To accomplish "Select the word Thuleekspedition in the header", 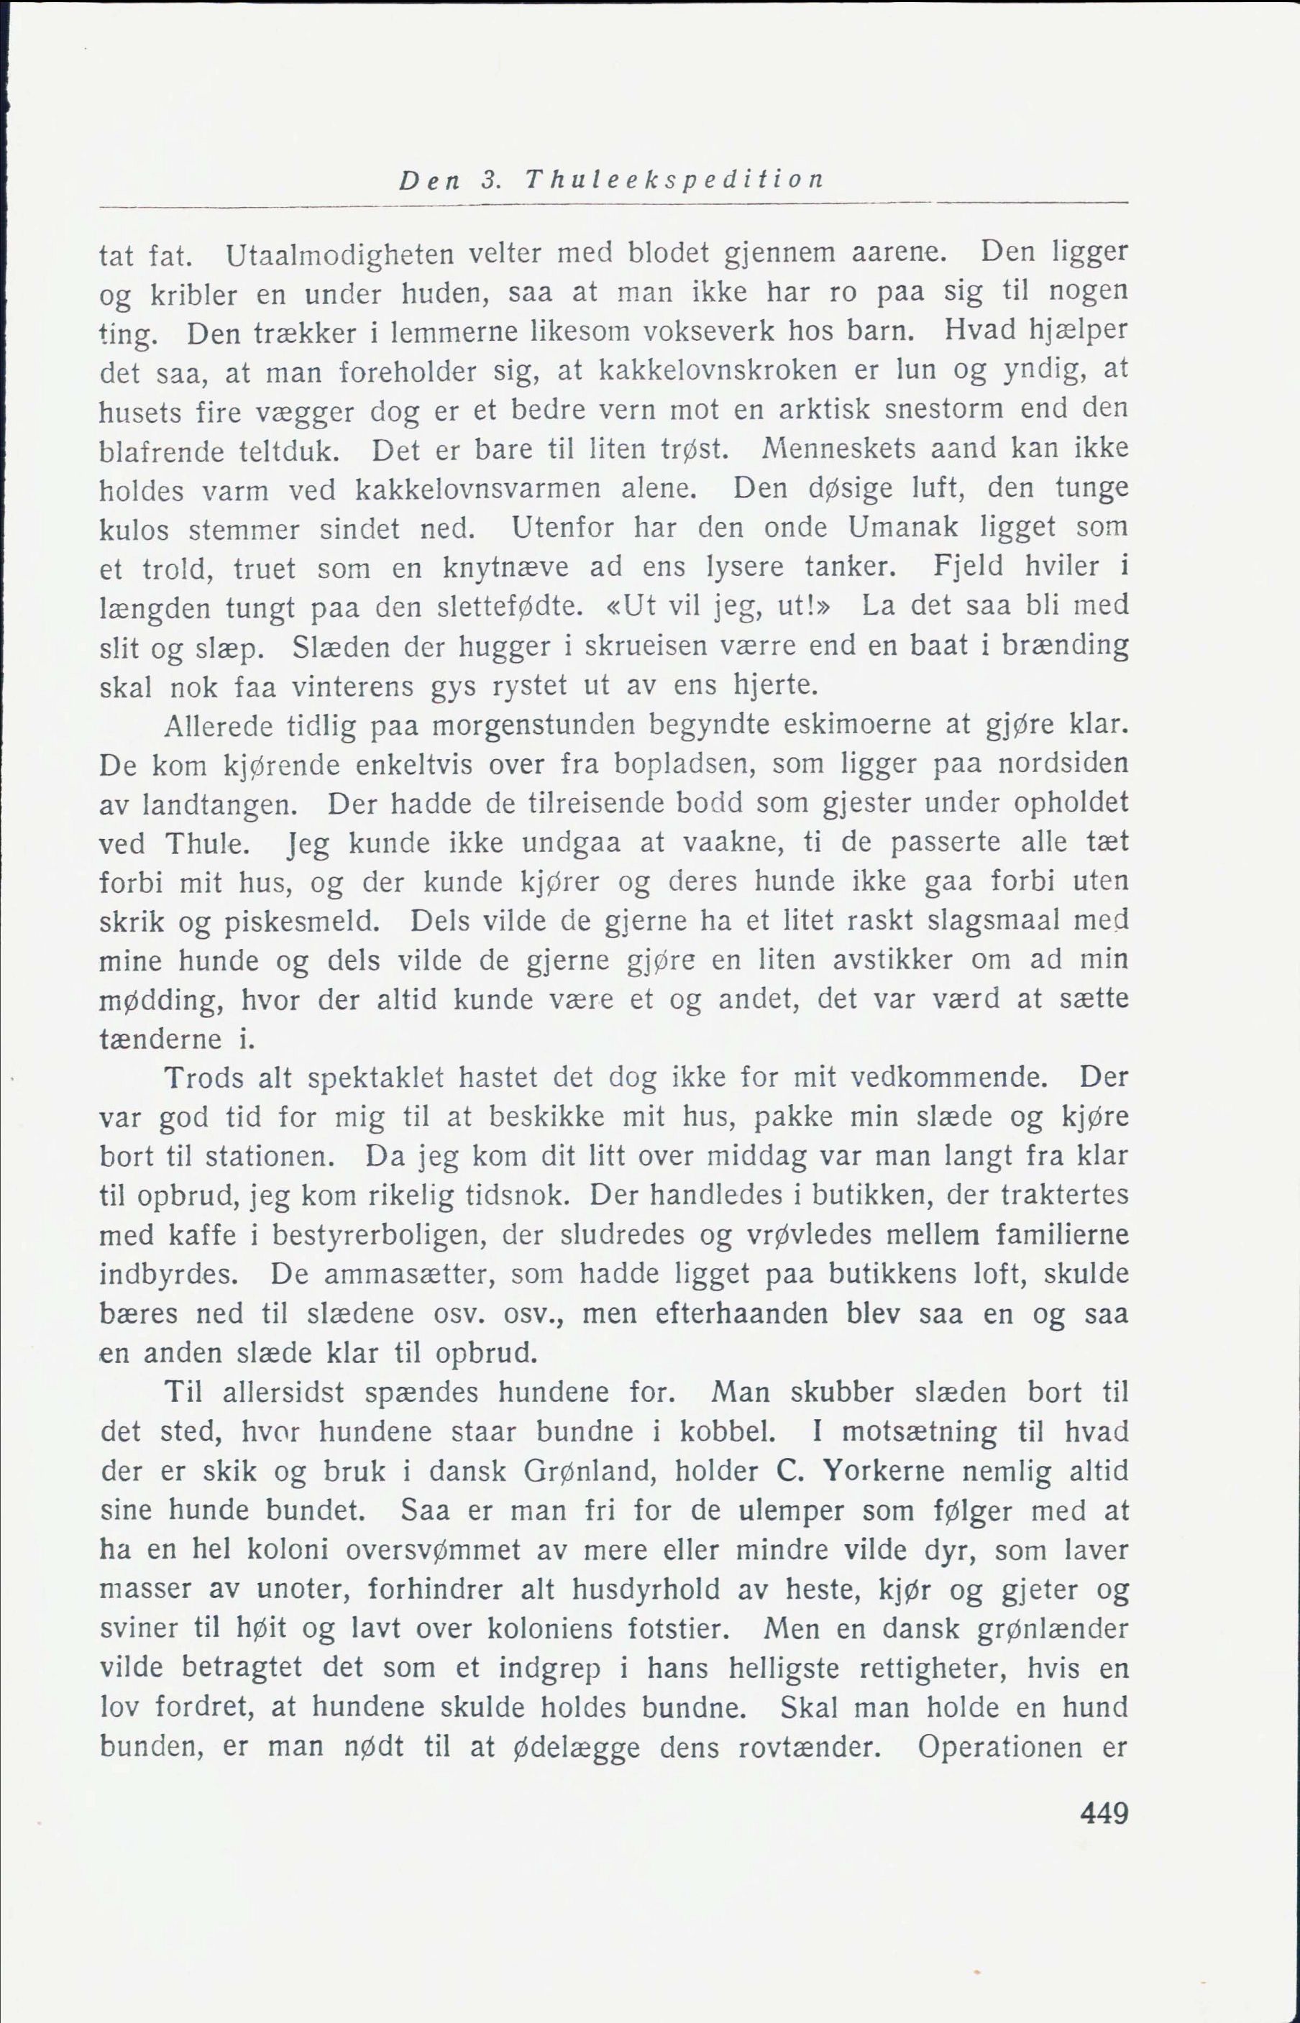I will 674,180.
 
